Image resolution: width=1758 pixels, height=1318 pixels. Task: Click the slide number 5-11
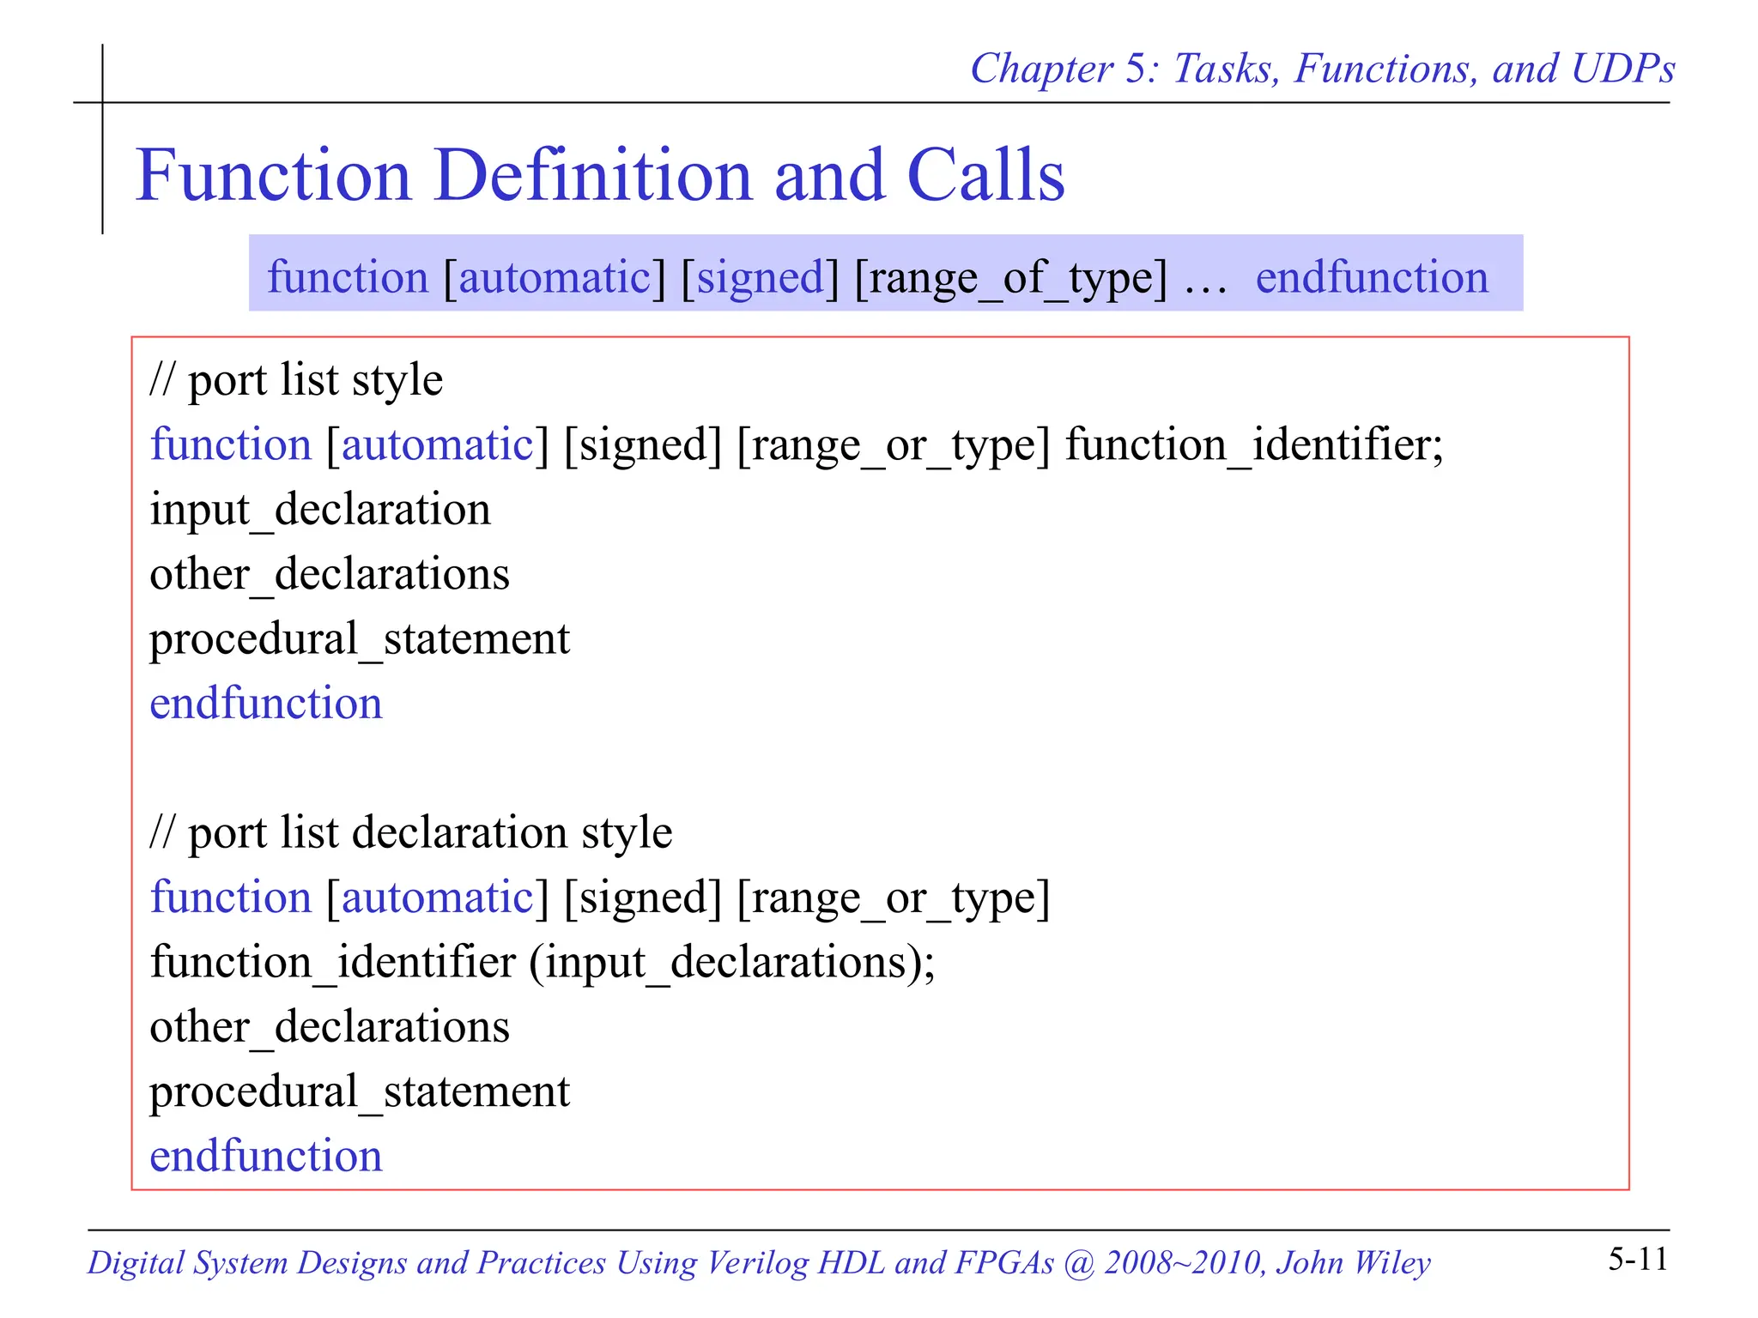pos(1638,1259)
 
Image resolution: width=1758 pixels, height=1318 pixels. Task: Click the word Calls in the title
pos(985,175)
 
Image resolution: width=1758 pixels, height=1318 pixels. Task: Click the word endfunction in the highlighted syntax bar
pos(1372,277)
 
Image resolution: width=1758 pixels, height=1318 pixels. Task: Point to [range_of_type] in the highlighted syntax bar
pos(1011,278)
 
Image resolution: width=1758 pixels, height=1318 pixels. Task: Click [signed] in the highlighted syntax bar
pos(760,278)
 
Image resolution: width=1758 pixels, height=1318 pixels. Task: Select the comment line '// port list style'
pos(296,379)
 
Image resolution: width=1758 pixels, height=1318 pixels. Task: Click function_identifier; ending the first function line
pos(1254,444)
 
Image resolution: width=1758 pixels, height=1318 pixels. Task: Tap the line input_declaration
pos(320,509)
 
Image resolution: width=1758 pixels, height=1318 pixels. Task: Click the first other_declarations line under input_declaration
pos(330,573)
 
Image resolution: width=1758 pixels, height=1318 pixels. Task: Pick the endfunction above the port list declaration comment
pos(266,703)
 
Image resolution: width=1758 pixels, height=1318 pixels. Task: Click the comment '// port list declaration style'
pos(411,832)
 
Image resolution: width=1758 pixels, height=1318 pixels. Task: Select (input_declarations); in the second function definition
pos(731,961)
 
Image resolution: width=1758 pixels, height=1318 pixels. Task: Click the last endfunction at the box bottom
pos(266,1155)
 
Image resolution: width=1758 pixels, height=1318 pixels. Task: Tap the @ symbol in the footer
pos(1078,1262)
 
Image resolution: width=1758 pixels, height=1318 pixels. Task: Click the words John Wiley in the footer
pos(1353,1262)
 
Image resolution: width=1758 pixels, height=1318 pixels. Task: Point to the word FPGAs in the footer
pos(1003,1262)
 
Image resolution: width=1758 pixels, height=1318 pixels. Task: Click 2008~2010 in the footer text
pos(1183,1262)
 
